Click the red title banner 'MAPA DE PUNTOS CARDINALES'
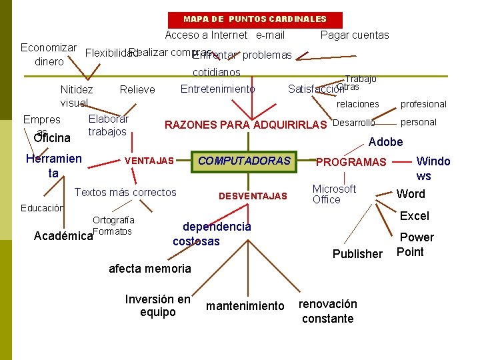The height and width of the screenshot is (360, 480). pos(255,19)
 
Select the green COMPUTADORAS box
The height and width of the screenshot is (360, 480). pos(244,161)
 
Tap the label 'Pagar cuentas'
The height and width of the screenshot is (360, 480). pos(355,35)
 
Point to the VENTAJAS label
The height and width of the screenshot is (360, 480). pos(149,161)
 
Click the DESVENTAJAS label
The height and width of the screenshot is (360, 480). pos(253,196)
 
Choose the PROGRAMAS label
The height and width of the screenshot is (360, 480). pos(351,162)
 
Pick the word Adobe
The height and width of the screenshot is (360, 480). pos(385,142)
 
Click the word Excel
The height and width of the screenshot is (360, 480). pos(415,216)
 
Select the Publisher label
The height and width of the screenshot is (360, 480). pos(357,254)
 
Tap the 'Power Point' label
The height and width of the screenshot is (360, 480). pos(415,245)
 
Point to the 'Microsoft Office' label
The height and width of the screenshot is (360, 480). pos(334,194)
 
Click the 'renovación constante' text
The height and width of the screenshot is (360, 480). pos(327,311)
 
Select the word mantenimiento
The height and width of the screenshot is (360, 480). pos(245,306)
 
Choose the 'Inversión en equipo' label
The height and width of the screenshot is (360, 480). pos(158,306)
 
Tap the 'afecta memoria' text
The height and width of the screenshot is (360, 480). pos(149,269)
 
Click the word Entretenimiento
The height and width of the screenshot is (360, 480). pos(217,89)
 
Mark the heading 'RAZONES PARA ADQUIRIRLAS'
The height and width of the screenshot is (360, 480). pos(245,125)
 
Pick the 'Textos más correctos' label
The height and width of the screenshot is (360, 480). pos(125,193)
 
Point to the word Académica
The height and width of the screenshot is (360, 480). pos(63,236)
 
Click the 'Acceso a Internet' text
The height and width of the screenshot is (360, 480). pos(206,35)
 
